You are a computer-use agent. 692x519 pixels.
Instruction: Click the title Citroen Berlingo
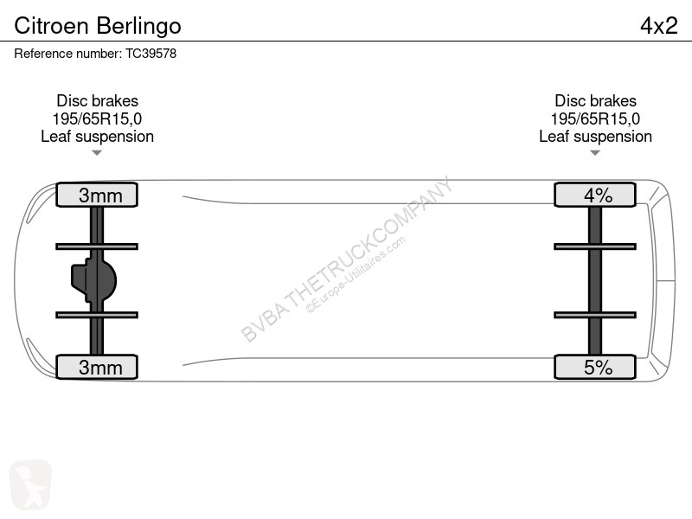click(x=98, y=26)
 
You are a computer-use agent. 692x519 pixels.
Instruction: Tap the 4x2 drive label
click(x=658, y=26)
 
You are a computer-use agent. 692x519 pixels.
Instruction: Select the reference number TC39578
click(x=151, y=54)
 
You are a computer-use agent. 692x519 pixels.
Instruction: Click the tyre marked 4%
click(x=595, y=195)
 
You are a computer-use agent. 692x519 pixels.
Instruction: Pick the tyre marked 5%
click(x=595, y=367)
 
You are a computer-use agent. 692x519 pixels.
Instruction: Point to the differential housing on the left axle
click(x=93, y=280)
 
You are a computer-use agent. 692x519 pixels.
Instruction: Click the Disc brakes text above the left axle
click(x=97, y=100)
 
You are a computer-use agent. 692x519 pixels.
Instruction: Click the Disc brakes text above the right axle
click(x=595, y=100)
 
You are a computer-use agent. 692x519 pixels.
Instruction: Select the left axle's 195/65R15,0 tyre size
click(x=97, y=119)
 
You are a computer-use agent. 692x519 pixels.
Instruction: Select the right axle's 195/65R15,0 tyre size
click(x=595, y=119)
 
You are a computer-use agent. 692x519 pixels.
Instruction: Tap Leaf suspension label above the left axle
click(x=97, y=137)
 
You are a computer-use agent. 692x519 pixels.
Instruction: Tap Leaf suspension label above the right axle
click(x=595, y=137)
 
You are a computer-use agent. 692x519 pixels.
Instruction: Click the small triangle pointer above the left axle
click(x=97, y=153)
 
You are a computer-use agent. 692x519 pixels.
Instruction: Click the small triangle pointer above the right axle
click(x=595, y=153)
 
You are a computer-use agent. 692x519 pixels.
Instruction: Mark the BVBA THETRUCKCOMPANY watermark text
click(x=347, y=259)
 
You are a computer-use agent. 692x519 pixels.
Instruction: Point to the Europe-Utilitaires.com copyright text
click(x=356, y=275)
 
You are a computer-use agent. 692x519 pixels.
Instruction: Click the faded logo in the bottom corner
click(x=30, y=484)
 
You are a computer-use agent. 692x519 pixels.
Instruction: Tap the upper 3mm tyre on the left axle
click(x=97, y=195)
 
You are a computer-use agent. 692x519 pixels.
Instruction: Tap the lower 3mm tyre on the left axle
click(x=97, y=367)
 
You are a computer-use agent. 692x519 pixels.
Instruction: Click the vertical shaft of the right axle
click(x=595, y=280)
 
